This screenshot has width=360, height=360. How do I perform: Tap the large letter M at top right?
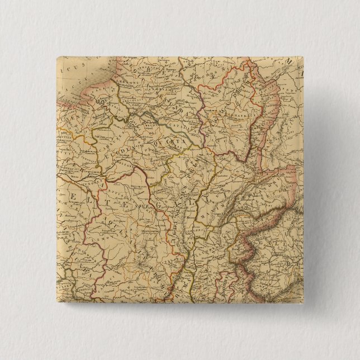[x=293, y=64]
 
